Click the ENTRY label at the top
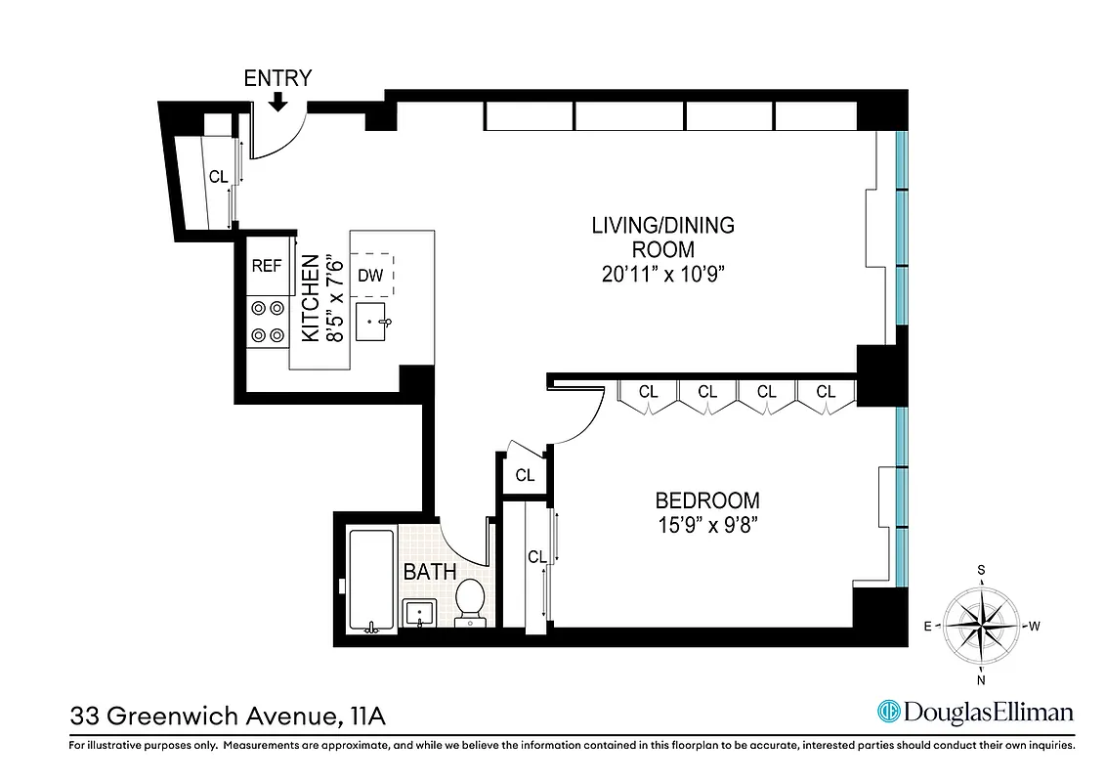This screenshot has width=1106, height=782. tap(277, 78)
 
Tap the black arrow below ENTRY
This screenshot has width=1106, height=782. tap(277, 102)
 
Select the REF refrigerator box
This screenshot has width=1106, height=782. tap(267, 265)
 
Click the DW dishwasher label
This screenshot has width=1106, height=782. tap(370, 275)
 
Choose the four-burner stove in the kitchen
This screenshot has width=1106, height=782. tap(268, 322)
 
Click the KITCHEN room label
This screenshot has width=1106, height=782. tap(310, 298)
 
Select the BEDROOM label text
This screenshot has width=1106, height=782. tap(706, 500)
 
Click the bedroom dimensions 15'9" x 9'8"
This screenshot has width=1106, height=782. tap(706, 525)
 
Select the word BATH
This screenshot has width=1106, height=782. tap(430, 571)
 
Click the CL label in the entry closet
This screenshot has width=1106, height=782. tap(218, 177)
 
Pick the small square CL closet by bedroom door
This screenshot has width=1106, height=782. tap(526, 475)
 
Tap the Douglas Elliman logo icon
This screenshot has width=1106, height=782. tap(888, 712)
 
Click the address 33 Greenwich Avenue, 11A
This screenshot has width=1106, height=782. tap(228, 717)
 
